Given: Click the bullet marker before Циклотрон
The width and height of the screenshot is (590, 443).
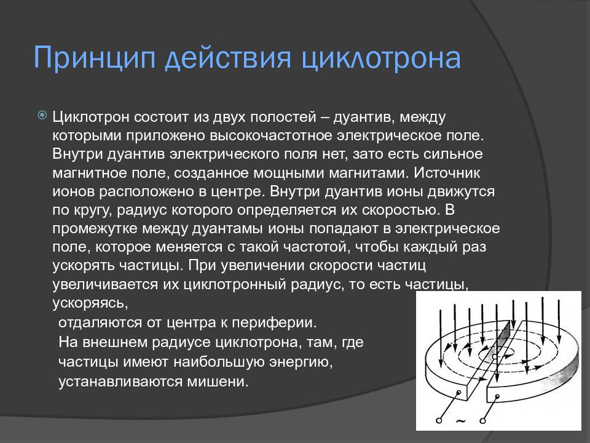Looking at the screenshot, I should pos(42,115).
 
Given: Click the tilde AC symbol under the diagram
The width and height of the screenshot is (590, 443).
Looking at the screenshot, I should pos(460,421).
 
